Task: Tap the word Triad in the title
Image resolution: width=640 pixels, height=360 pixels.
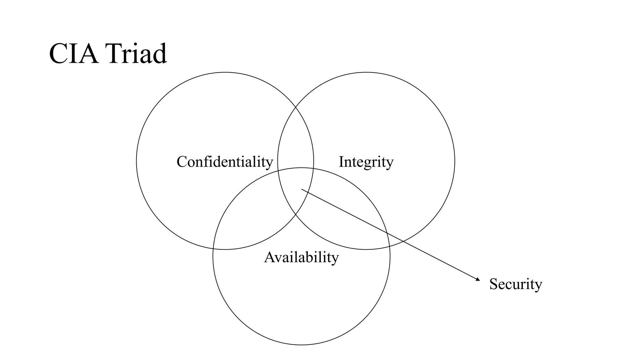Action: point(136,54)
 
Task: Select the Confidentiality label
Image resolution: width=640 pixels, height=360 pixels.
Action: point(225,162)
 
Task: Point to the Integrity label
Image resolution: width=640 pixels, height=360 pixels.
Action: point(366,162)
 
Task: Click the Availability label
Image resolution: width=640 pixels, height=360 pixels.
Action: point(301,257)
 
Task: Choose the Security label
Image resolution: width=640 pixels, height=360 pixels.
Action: point(516,284)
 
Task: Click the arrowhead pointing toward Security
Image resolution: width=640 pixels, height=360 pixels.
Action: point(478,280)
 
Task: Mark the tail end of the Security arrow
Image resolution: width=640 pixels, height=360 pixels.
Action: point(302,189)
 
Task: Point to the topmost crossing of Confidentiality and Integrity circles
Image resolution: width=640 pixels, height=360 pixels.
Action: point(296,107)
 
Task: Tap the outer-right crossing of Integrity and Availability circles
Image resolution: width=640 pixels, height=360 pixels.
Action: point(390,247)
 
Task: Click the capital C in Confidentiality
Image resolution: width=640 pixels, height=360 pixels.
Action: point(182,162)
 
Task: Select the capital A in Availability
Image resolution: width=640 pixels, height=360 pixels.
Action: point(269,257)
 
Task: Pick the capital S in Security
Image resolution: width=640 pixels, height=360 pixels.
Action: point(493,284)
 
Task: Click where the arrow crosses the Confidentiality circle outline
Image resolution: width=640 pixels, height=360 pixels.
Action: point(309,192)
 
